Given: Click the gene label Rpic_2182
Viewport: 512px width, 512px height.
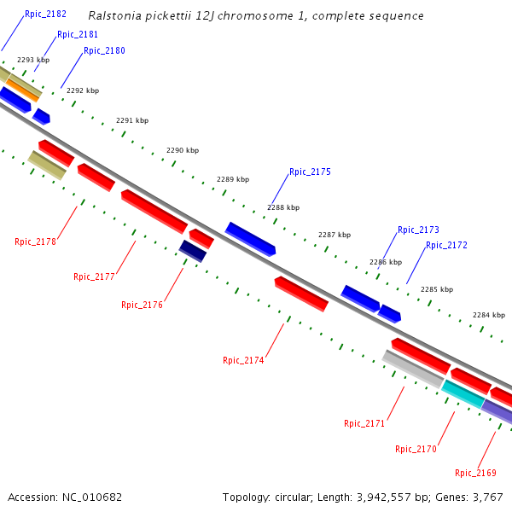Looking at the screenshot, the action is point(45,15).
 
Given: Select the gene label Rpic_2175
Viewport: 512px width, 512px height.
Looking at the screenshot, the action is point(310,172).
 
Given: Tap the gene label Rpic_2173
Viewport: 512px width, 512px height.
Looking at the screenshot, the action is point(418,230).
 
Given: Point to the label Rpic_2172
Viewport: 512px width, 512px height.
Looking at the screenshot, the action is point(446,245).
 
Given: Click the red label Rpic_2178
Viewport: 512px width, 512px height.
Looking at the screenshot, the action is point(35,241).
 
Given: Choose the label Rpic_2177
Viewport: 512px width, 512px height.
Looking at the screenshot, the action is point(94,276).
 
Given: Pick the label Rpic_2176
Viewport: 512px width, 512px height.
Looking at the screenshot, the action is point(142,305).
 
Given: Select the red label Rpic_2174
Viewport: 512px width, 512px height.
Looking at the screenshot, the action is point(243,360).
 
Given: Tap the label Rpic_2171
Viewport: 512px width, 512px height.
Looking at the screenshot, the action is point(364,423).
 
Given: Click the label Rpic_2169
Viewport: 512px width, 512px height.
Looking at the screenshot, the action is point(475,473).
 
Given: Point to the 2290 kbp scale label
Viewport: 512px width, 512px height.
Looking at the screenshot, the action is point(183,150).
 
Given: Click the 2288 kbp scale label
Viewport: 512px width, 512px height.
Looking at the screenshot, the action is point(283,207).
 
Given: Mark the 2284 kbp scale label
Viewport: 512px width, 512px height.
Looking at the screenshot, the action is point(489,315).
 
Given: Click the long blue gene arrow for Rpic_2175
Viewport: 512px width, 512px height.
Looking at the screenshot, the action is point(250,239).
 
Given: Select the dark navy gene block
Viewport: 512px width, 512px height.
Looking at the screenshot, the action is point(193,251).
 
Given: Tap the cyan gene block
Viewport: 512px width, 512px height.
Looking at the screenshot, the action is point(463,393).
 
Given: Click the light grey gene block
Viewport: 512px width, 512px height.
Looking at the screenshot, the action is point(412,369).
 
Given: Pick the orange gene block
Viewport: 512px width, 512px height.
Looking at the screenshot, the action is point(23,89).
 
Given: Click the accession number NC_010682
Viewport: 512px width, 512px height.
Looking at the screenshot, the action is point(92,497).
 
